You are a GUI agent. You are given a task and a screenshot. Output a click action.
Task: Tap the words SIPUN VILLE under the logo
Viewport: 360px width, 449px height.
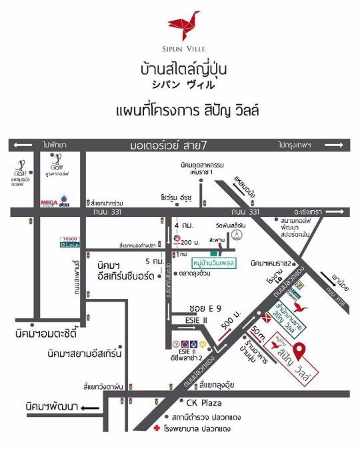[x=179, y=48]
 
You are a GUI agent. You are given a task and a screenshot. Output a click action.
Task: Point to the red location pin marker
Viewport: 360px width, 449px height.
[x=300, y=350]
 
